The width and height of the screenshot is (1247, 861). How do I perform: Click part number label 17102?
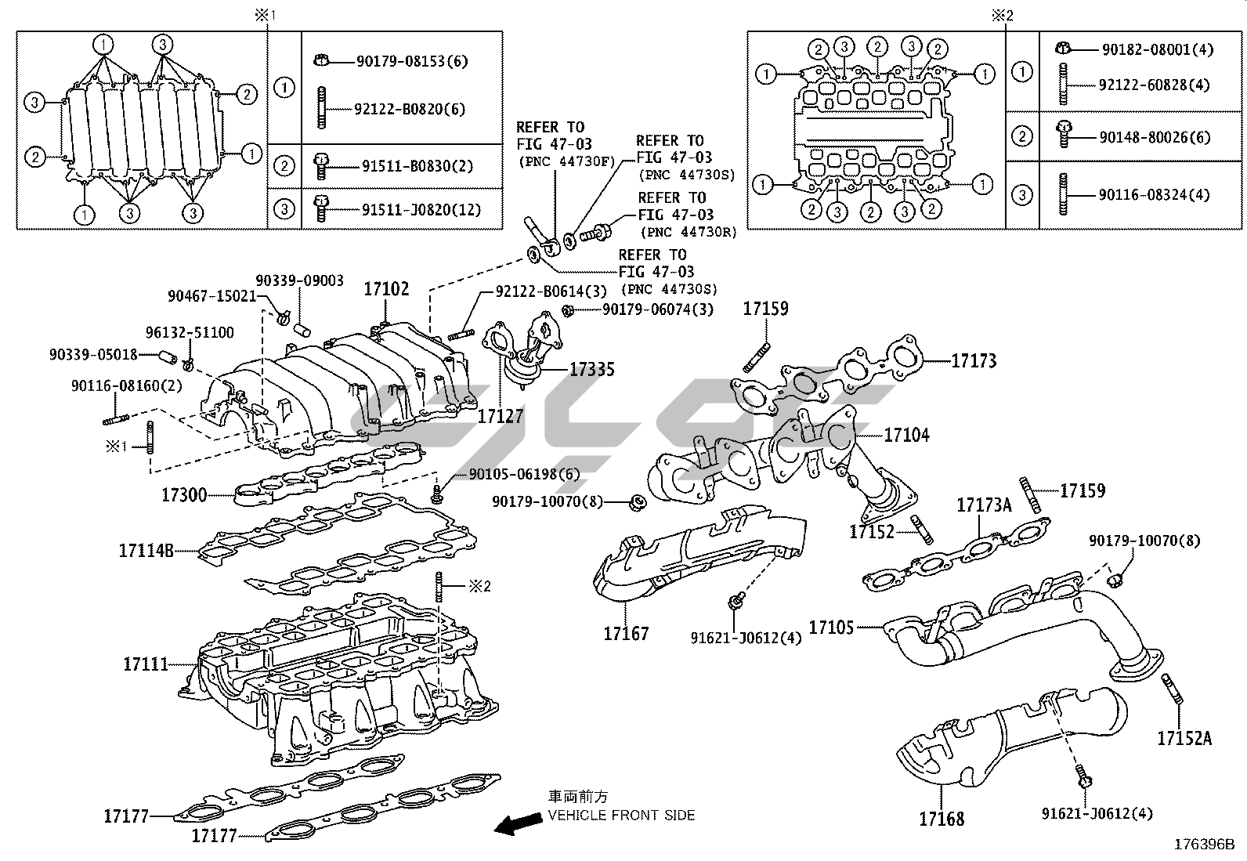(x=385, y=289)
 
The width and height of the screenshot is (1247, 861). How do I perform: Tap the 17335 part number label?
(x=591, y=369)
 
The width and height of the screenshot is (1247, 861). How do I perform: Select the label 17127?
(x=500, y=416)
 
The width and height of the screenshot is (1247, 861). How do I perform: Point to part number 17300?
(x=184, y=494)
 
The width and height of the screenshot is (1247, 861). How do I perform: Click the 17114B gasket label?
(x=146, y=550)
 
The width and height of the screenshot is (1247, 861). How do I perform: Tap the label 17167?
(x=626, y=633)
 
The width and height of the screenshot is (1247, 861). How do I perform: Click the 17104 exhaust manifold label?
(x=906, y=435)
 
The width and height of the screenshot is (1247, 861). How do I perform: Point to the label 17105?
(x=832, y=627)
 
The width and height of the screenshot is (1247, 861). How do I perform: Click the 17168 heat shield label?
(x=942, y=819)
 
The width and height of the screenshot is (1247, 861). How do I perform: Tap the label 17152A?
(x=1184, y=737)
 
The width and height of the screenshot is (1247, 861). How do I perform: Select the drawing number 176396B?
(x=1203, y=845)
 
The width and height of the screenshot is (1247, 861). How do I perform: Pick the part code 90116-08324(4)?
(x=1154, y=194)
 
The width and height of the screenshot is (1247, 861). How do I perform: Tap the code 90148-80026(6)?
(x=1154, y=137)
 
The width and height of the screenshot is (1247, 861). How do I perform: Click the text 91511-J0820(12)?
(x=421, y=210)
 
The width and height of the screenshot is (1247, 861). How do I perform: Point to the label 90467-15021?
(x=211, y=296)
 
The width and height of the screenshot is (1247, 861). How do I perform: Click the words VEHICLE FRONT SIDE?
(x=621, y=815)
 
